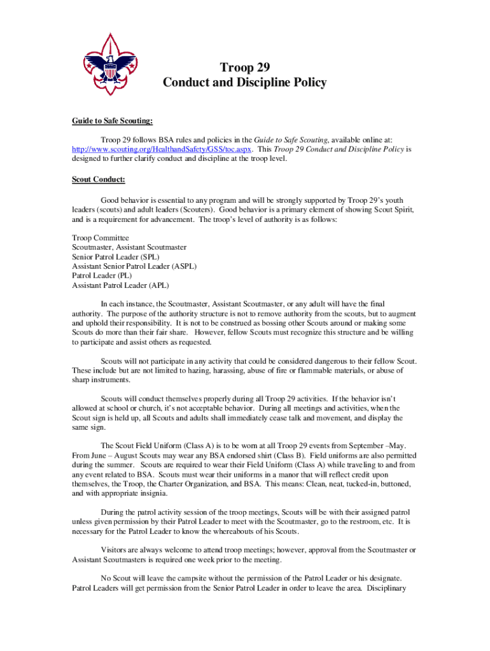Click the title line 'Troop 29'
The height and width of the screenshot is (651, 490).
click(x=244, y=68)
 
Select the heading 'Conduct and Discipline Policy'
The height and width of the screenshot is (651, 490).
click(x=244, y=83)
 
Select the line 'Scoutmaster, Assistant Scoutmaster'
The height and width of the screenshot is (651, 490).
click(x=129, y=247)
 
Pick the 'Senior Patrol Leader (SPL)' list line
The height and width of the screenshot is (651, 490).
click(x=115, y=257)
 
